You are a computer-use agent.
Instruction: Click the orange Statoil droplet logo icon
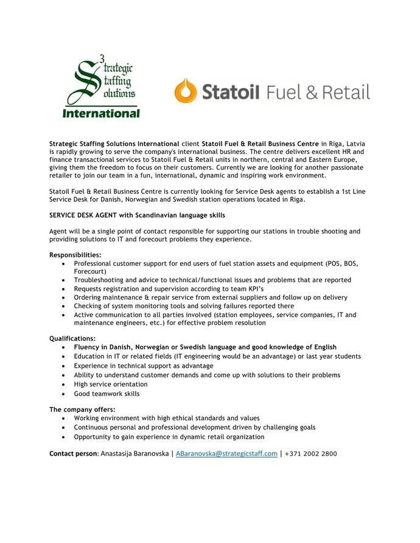(186, 91)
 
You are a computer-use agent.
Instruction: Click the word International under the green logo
(102, 113)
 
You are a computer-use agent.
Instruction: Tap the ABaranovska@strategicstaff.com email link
(226, 454)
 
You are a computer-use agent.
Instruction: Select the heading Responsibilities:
(75, 254)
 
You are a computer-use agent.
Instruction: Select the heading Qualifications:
(72, 338)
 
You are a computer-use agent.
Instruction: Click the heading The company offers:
(82, 409)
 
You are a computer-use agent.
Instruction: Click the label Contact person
(73, 454)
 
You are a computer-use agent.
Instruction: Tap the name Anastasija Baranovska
(135, 454)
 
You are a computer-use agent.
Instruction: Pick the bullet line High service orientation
(111, 384)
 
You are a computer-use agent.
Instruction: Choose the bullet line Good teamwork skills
(107, 393)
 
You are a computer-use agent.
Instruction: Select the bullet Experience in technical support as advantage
(144, 366)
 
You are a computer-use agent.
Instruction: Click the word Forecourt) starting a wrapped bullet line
(90, 271)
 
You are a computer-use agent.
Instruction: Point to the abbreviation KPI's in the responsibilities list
(255, 289)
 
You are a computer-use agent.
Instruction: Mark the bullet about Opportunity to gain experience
(169, 437)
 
